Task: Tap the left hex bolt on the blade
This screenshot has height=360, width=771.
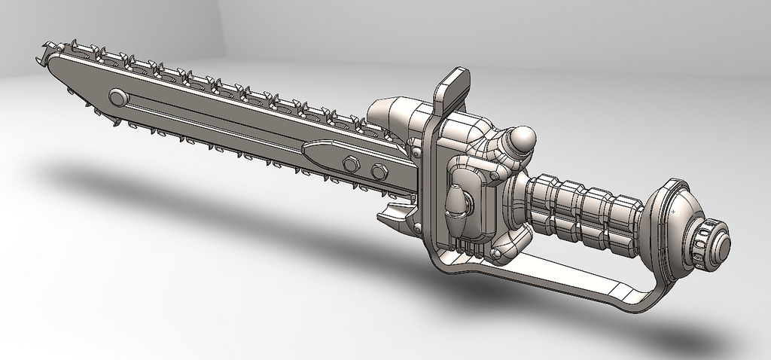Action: pos(350,163)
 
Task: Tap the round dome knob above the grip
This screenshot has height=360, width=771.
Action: pos(522,139)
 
